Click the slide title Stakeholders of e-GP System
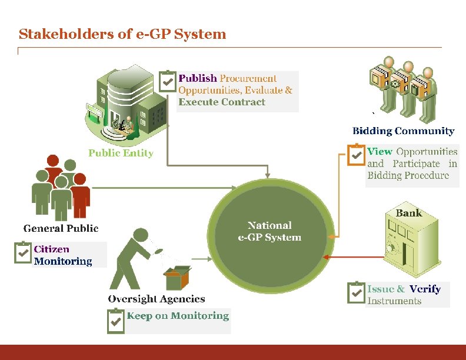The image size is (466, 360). coord(122,34)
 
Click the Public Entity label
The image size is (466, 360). coord(121,154)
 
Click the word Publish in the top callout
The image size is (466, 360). coord(198,78)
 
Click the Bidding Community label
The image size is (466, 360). coord(403,131)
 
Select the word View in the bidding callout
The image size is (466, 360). coord(380,151)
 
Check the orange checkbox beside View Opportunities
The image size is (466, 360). coord(356,155)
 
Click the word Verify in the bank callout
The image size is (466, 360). coord(425,289)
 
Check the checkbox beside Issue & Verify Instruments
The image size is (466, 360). coord(356,293)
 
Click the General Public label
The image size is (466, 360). coord(61,228)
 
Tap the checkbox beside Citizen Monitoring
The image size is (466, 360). coord(23,253)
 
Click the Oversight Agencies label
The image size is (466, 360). coord(157,299)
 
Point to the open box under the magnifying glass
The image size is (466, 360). coord(177,278)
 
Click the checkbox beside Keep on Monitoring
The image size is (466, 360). coord(116,321)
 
